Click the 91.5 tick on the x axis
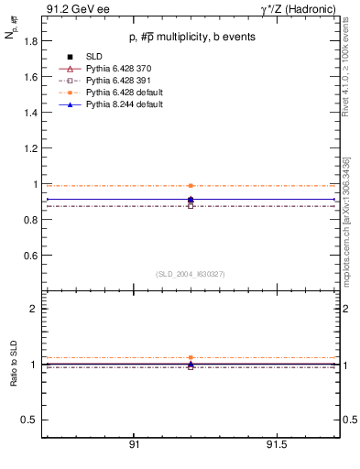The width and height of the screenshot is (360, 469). click(276, 444)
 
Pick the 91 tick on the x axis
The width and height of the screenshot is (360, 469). click(134, 444)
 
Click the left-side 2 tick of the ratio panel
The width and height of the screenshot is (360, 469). click(35, 309)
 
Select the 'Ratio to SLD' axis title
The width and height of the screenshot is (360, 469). click(13, 377)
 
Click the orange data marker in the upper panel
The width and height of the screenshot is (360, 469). click(191, 186)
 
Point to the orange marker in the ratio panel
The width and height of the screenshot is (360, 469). click(191, 357)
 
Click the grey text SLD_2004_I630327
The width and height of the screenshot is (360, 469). click(190, 274)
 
